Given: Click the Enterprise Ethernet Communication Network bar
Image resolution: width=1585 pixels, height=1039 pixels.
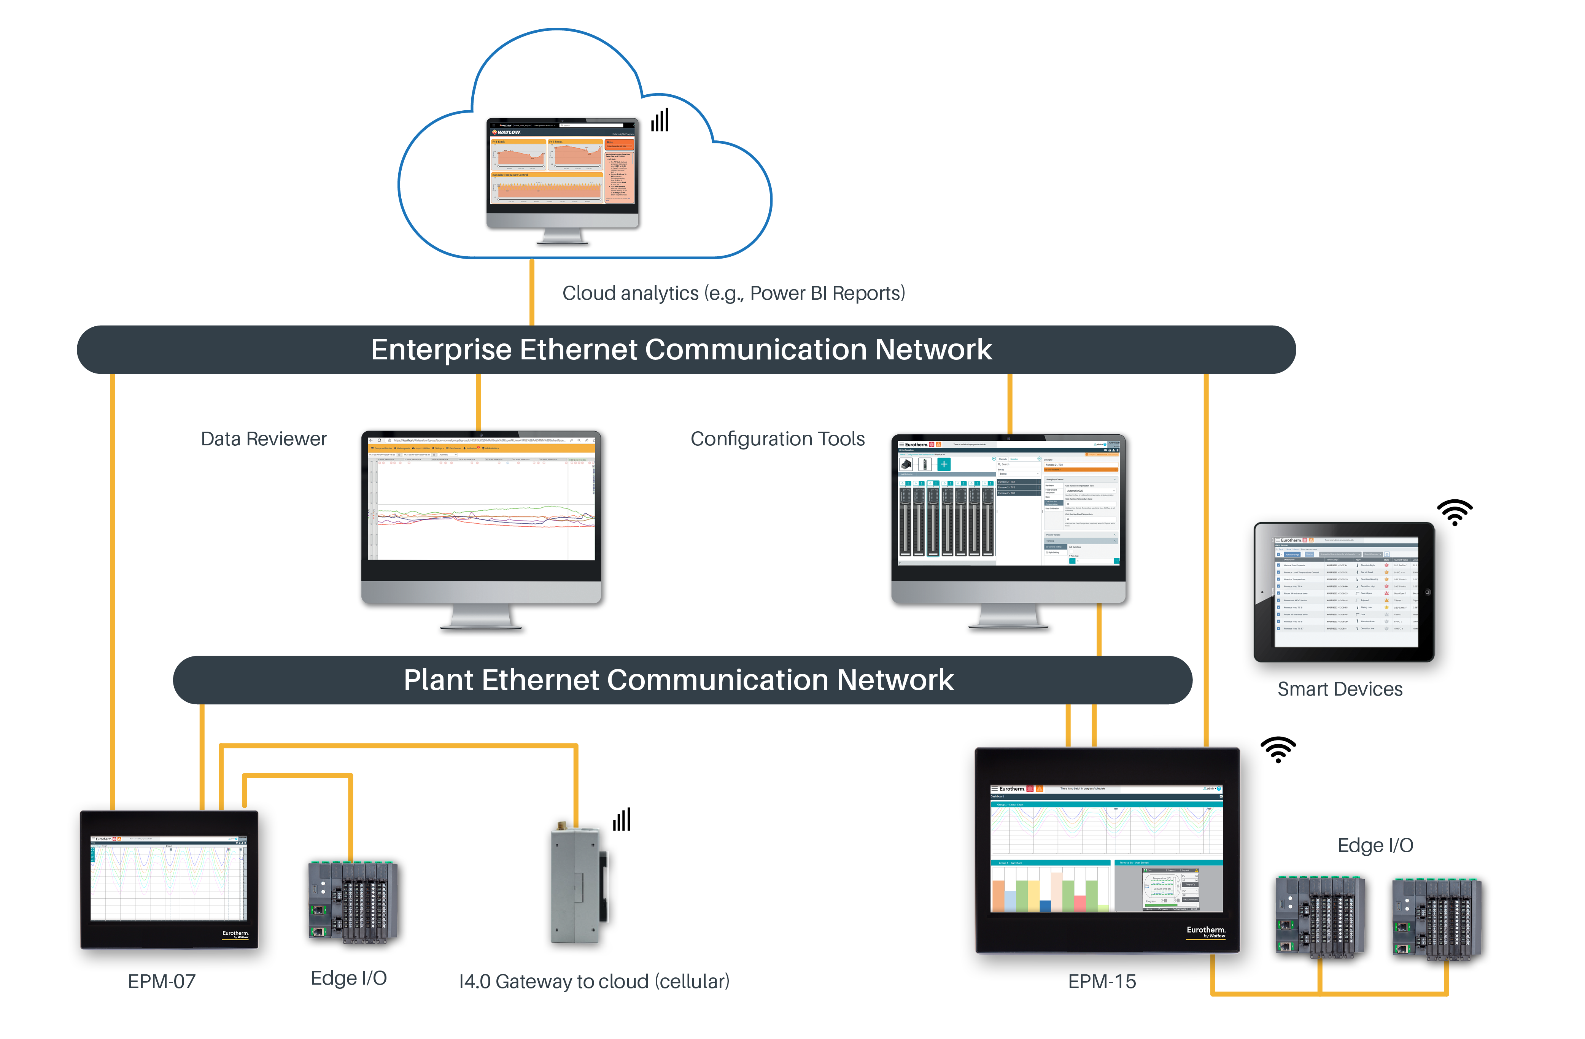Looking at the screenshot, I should [x=686, y=350].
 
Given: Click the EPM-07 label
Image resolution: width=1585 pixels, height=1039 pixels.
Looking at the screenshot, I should [x=162, y=981].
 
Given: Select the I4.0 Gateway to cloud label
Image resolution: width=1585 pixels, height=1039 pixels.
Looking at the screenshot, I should [x=594, y=981].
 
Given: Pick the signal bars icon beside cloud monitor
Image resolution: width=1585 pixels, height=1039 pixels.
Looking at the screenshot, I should [x=660, y=121].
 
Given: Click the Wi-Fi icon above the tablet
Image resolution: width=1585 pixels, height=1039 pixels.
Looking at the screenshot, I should [x=1455, y=512].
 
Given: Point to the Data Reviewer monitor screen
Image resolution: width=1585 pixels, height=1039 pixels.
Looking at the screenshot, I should [x=483, y=503].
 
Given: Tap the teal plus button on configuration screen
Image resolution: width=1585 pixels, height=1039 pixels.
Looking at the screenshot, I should [x=944, y=464].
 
